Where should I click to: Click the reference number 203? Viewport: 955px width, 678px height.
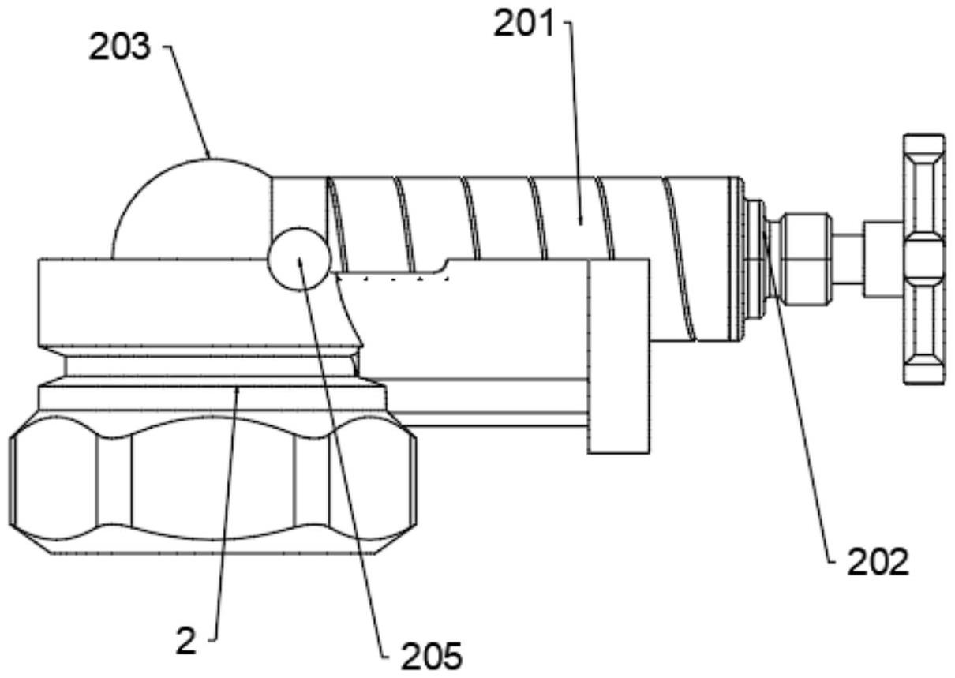[x=119, y=47]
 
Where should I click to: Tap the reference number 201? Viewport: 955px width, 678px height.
[x=523, y=24]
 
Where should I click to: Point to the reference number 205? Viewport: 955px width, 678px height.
[x=432, y=657]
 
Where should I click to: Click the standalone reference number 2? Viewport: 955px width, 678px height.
[x=186, y=641]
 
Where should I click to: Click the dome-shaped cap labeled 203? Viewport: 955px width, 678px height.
[x=192, y=209]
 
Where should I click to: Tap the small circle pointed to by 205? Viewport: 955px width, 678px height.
[x=299, y=259]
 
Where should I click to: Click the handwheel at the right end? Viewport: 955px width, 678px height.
[x=923, y=259]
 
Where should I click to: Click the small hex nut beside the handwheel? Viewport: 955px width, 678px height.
[x=803, y=259]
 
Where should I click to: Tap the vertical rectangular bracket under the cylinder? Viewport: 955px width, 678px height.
[x=618, y=356]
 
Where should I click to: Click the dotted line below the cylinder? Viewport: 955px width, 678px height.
[x=392, y=279]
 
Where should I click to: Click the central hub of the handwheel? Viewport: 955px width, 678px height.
[x=923, y=259]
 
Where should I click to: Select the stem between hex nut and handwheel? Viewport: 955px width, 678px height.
[x=848, y=259]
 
